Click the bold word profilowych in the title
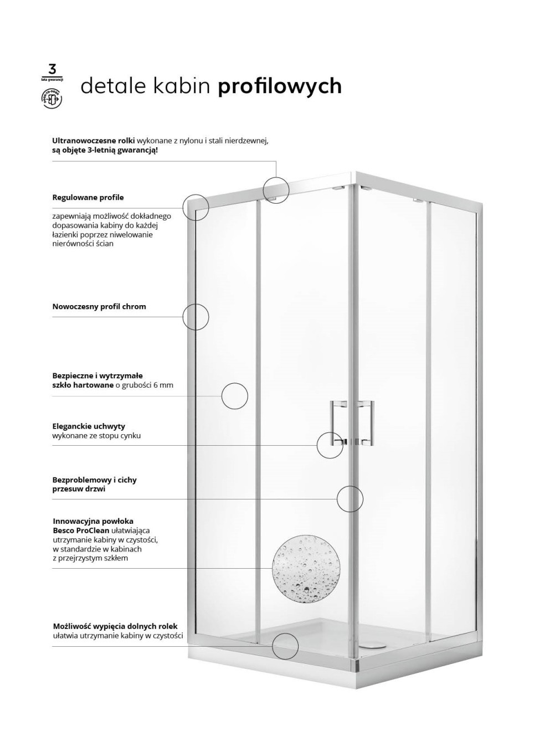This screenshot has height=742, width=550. pyautogui.click(x=279, y=86)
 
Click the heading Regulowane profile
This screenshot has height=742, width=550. pyautogui.click(x=88, y=197)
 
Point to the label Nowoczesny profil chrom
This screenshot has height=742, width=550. pyautogui.click(x=99, y=306)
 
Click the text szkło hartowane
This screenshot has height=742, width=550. pyautogui.click(x=83, y=385)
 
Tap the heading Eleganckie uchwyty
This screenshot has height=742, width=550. pyautogui.click(x=89, y=426)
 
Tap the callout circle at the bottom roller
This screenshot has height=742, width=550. pyautogui.click(x=285, y=646)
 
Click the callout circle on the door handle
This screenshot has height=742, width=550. pyautogui.click(x=330, y=445)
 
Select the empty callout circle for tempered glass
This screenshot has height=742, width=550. pyautogui.click(x=234, y=396)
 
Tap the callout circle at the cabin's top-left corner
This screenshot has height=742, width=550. pyautogui.click(x=196, y=208)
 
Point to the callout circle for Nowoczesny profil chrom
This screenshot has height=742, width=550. pyautogui.click(x=196, y=317)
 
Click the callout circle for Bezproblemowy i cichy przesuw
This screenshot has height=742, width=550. pyautogui.click(x=350, y=498)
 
